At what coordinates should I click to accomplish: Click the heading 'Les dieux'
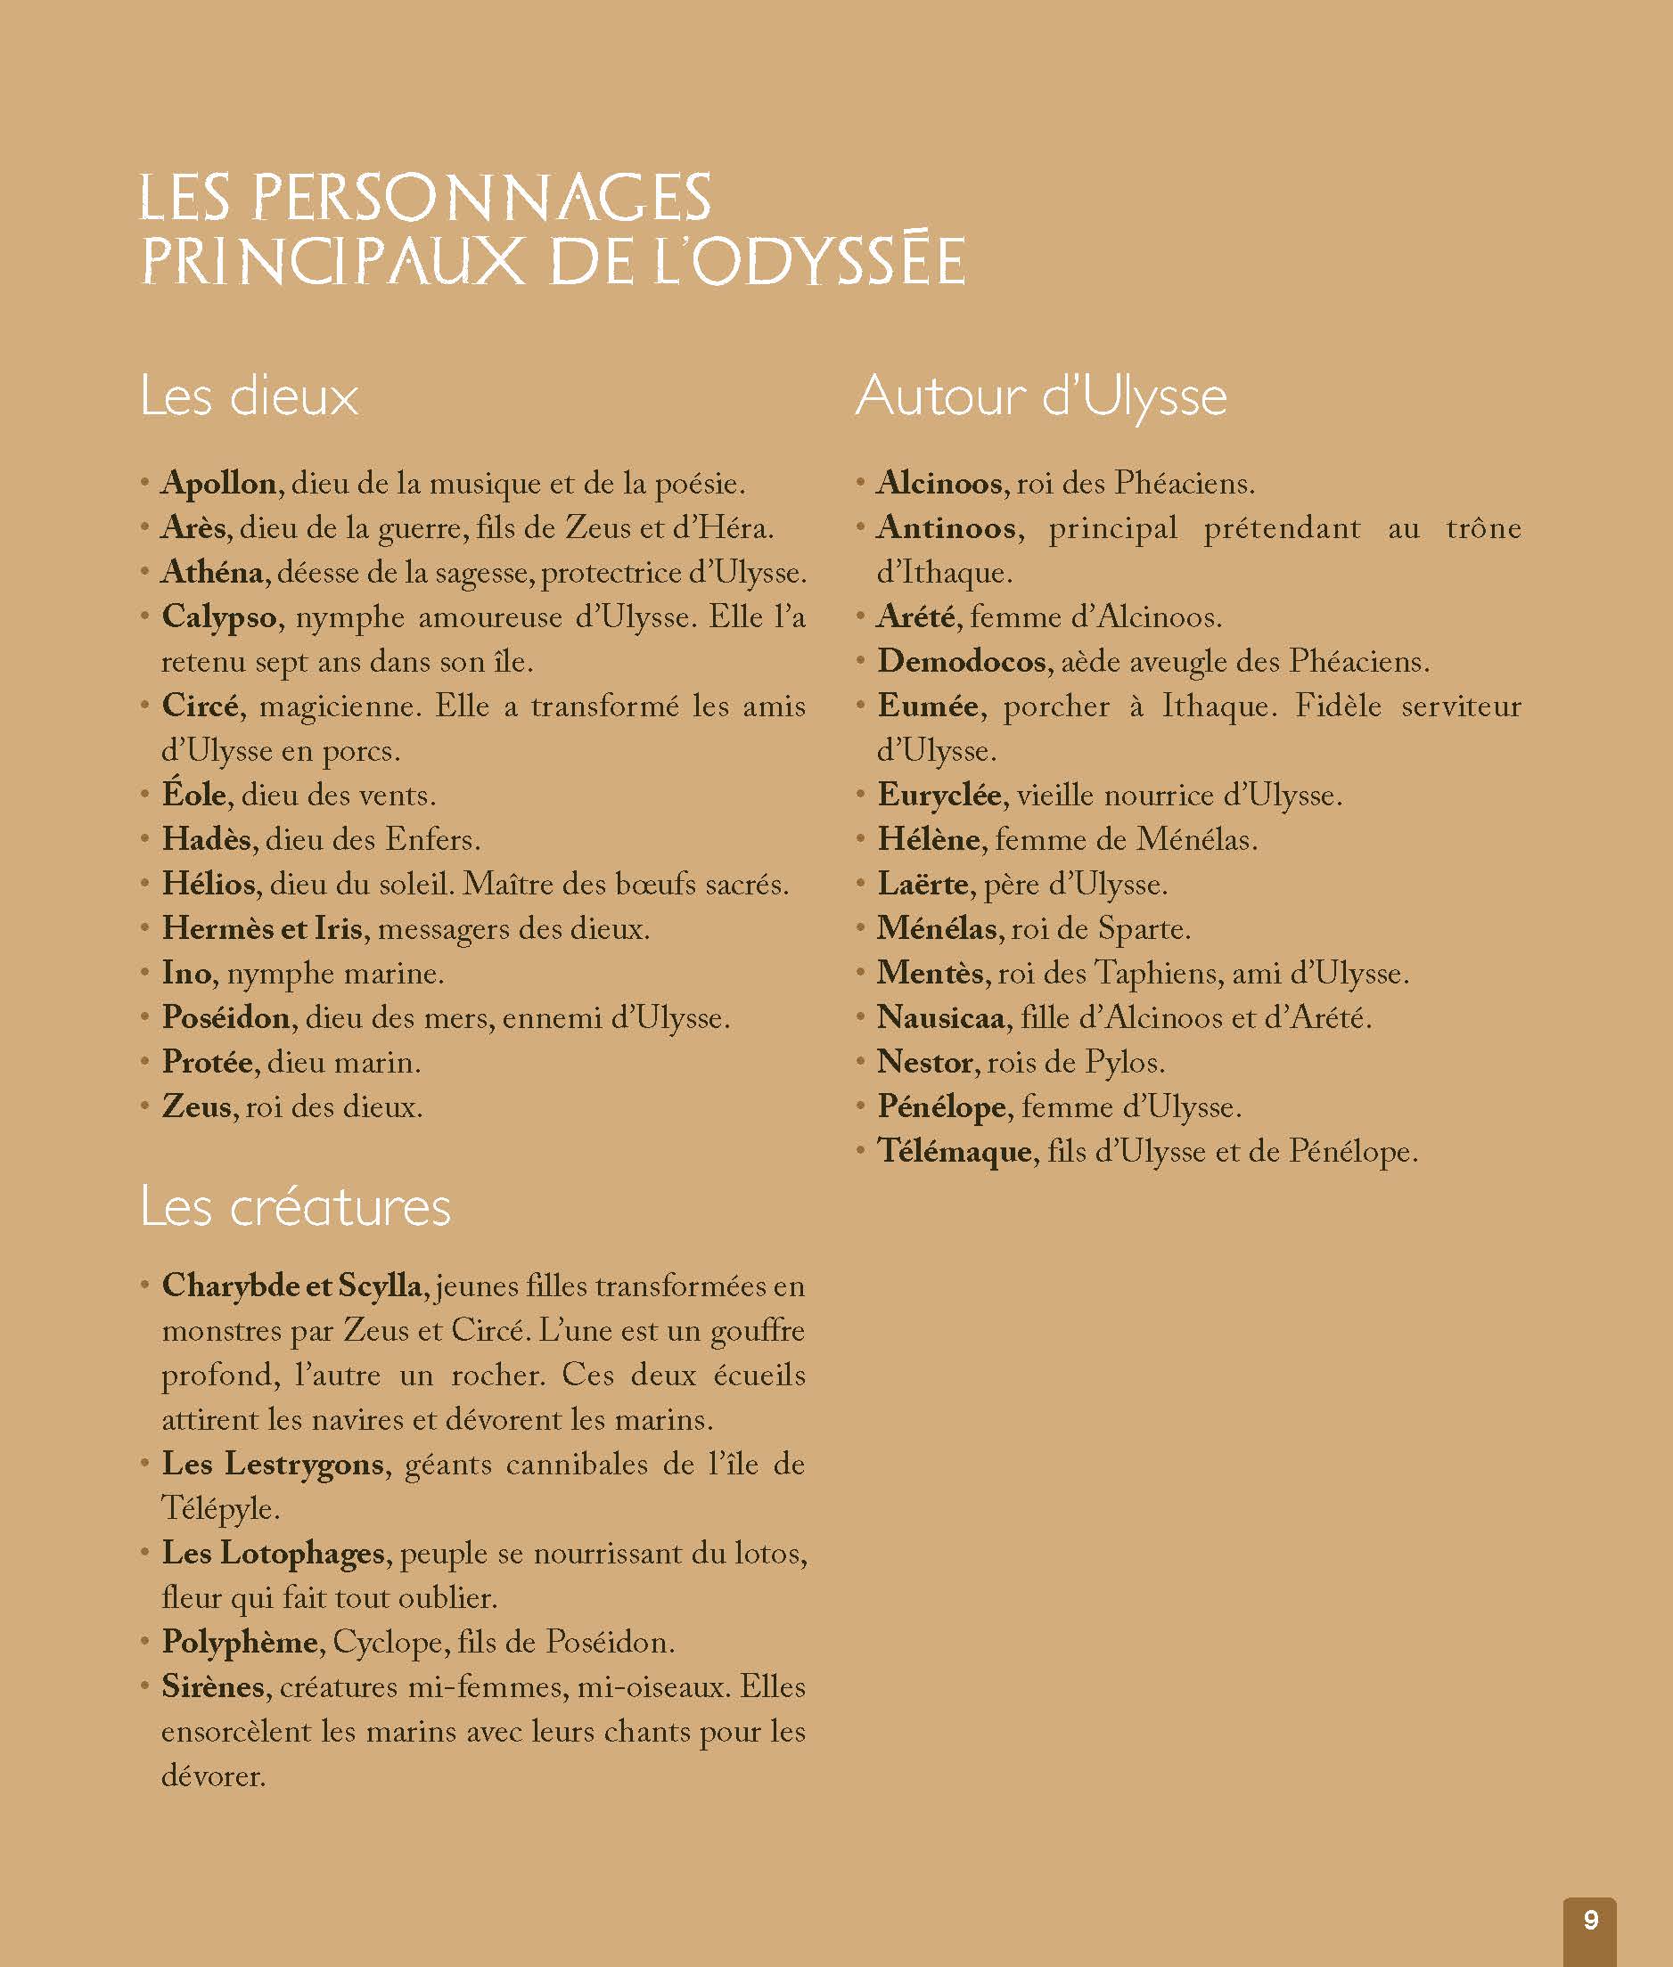pyautogui.click(x=250, y=396)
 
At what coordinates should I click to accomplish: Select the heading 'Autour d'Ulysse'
pyautogui.click(x=1040, y=396)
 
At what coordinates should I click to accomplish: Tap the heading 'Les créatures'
pyautogui.click(x=295, y=1207)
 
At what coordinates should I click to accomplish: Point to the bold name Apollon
pyautogui.click(x=219, y=484)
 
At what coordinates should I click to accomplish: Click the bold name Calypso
pyautogui.click(x=219, y=617)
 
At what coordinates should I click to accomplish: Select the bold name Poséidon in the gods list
pyautogui.click(x=226, y=1017)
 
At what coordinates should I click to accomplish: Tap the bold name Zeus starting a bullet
pyautogui.click(x=196, y=1106)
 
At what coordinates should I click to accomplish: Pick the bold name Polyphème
pyautogui.click(x=240, y=1642)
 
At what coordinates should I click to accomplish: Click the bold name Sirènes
pyautogui.click(x=213, y=1686)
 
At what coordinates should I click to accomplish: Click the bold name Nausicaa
pyautogui.click(x=941, y=1017)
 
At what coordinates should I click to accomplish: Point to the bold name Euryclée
pyautogui.click(x=939, y=795)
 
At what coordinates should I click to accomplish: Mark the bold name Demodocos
pyautogui.click(x=962, y=661)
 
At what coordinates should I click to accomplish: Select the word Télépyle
pyautogui.click(x=219, y=1508)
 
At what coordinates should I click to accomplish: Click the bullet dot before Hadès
pyautogui.click(x=144, y=839)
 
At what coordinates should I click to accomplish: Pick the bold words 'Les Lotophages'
pyautogui.click(x=273, y=1553)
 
